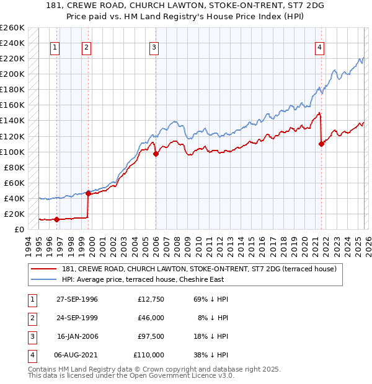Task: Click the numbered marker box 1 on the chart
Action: tap(55, 47)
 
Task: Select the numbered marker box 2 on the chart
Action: tap(86, 47)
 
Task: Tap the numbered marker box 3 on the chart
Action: tap(154, 47)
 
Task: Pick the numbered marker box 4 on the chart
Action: tap(319, 47)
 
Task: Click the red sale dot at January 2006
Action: tap(156, 154)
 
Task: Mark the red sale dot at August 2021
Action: tap(321, 144)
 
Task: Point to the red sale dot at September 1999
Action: tap(88, 193)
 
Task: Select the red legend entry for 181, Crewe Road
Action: tap(198, 269)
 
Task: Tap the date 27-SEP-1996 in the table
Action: tap(77, 299)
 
